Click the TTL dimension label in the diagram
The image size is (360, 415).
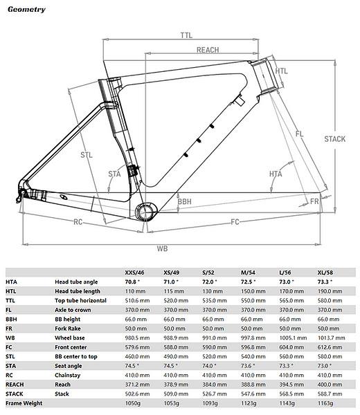point(186,35)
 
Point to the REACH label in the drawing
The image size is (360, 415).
point(208,50)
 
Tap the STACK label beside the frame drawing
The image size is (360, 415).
point(335,139)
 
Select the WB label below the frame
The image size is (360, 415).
point(163,247)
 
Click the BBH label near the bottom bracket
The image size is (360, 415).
point(184,203)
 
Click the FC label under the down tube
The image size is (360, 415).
point(235,223)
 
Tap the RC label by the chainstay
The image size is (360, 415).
point(78,223)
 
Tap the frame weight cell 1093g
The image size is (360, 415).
point(210,402)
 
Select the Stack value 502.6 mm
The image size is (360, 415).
point(134,392)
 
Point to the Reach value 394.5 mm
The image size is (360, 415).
point(289,383)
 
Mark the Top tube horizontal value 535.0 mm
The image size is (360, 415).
point(210,301)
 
